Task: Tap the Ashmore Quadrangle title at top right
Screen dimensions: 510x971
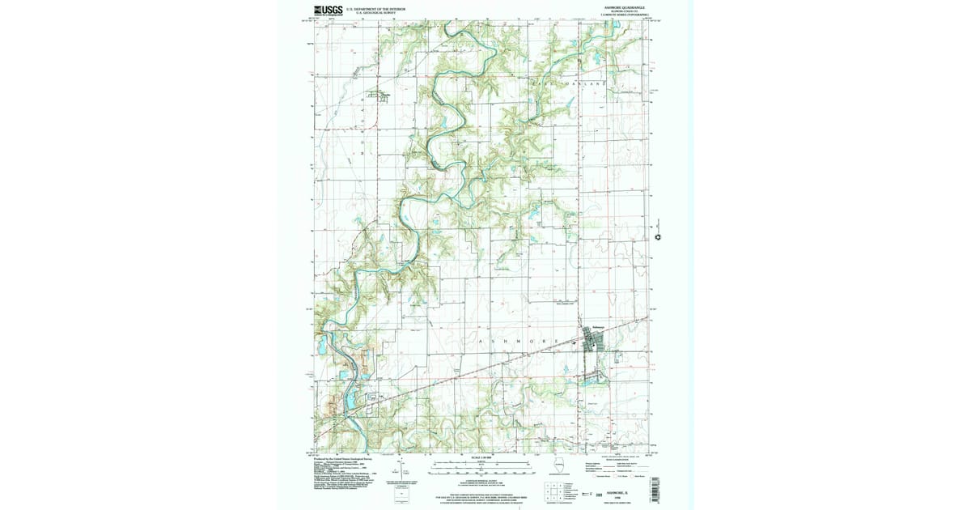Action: [620, 8]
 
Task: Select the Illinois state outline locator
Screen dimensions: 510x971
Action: [564, 467]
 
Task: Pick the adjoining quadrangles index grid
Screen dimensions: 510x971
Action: [554, 490]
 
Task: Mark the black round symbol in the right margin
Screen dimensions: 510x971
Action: [658, 237]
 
